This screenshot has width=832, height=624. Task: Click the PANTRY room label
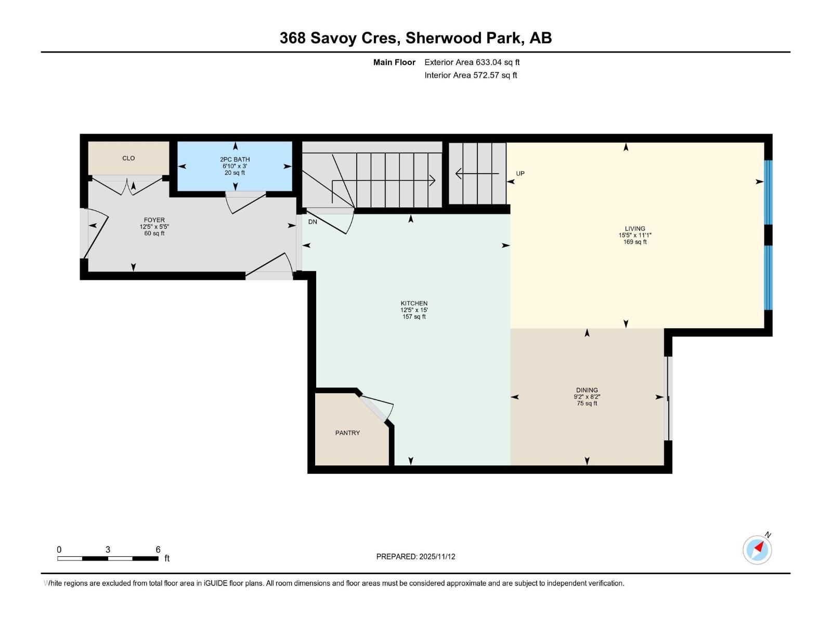click(x=347, y=433)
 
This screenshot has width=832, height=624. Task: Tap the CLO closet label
click(x=128, y=158)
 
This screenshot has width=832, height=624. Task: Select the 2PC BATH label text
click(x=235, y=160)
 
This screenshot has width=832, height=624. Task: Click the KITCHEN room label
click(x=414, y=303)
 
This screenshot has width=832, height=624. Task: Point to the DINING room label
click(x=587, y=390)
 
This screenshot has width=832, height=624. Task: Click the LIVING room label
click(x=635, y=228)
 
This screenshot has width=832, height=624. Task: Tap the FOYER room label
click(x=154, y=220)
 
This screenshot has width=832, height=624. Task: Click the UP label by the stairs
click(x=520, y=174)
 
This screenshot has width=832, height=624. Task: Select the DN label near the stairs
click(x=313, y=222)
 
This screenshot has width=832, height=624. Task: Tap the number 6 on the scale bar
click(x=158, y=550)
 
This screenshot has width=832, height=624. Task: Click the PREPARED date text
click(x=415, y=556)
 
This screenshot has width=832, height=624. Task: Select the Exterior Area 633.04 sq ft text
click(x=472, y=62)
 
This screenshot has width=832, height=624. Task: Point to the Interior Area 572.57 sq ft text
click(x=471, y=75)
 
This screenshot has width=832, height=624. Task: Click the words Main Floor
click(x=394, y=62)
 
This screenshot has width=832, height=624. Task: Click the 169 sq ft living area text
click(x=635, y=242)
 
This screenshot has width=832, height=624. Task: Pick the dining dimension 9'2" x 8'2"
click(x=587, y=397)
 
